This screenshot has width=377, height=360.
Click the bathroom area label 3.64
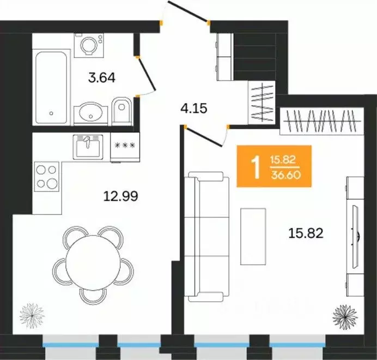click(102, 78)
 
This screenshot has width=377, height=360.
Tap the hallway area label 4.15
click(193, 109)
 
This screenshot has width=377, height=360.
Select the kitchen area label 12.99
click(121, 196)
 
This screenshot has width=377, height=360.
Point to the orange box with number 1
click(274, 166)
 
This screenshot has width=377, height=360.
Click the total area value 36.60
click(286, 175)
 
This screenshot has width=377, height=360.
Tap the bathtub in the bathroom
click(51, 87)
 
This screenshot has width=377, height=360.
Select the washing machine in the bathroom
click(89, 45)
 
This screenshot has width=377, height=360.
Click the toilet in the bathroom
click(121, 111)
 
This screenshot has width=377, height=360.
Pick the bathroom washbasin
click(90, 113)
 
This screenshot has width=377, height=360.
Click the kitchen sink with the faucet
click(88, 147)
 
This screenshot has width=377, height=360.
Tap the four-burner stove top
click(47, 177)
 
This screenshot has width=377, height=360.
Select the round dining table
click(93, 260)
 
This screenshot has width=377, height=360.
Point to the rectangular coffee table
click(253, 237)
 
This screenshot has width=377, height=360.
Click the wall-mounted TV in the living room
click(355, 237)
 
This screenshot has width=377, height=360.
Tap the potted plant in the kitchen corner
click(32, 315)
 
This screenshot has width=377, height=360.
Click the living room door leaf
click(204, 137)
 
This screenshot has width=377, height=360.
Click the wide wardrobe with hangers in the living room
click(322, 121)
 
